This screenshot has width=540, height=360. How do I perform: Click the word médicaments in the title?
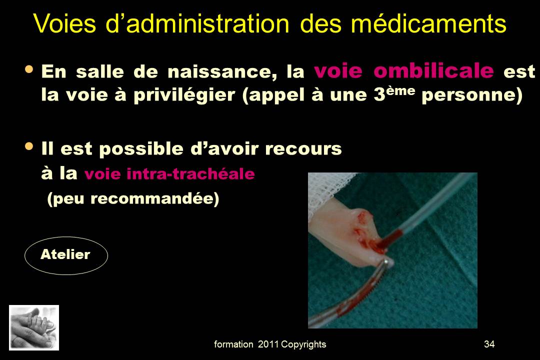(x=428, y=24)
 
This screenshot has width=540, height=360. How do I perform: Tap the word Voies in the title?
(x=64, y=24)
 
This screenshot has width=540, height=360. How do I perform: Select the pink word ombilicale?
(x=433, y=71)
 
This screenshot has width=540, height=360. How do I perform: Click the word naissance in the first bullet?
(x=222, y=71)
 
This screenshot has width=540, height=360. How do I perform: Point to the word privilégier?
(x=184, y=95)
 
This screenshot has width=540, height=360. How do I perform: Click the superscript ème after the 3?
(x=400, y=90)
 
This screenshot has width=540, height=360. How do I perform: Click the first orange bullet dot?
(x=29, y=69)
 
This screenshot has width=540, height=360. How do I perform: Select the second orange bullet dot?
(x=29, y=146)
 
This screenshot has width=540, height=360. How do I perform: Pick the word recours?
(x=303, y=149)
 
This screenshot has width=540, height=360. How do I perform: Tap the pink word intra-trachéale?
(x=191, y=173)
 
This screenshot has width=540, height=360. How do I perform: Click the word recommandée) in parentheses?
(x=154, y=199)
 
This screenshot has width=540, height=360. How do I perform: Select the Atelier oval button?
(x=66, y=255)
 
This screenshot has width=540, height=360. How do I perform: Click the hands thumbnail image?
(x=34, y=327)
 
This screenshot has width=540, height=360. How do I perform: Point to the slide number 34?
(x=489, y=344)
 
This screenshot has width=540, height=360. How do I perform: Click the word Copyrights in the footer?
(x=303, y=344)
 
